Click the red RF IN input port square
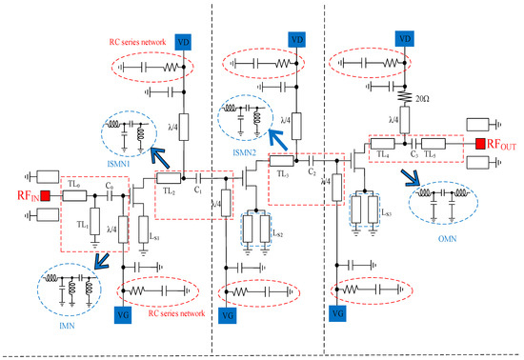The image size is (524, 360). point(44,198)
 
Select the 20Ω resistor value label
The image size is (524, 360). point(422,97)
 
